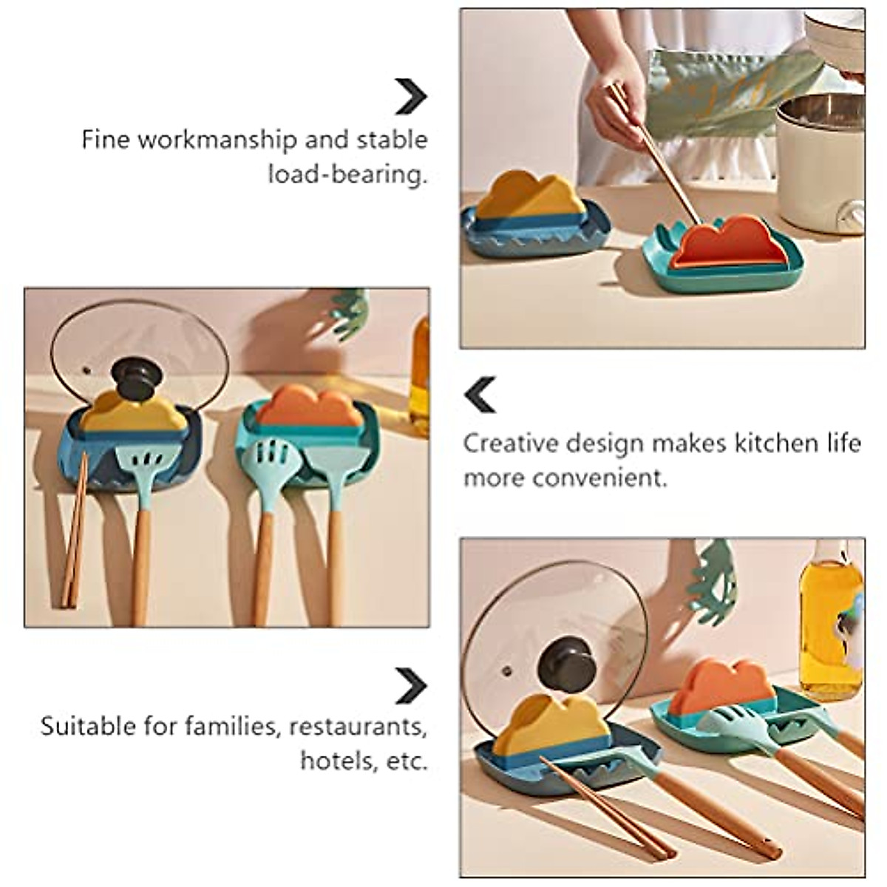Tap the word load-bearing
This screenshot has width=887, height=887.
(x=347, y=174)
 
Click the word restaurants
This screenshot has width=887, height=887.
(x=358, y=726)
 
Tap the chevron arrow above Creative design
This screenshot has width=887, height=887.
(x=480, y=394)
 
